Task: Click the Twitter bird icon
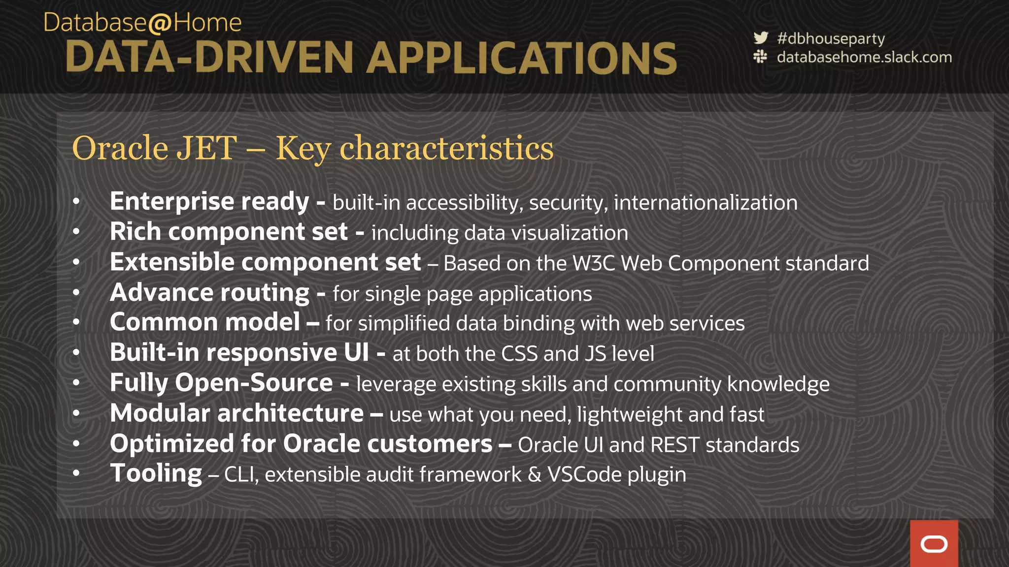click(x=761, y=38)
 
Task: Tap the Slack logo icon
click(x=760, y=57)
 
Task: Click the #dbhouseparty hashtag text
click(x=831, y=38)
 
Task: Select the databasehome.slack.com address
click(x=864, y=57)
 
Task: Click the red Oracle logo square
click(x=934, y=544)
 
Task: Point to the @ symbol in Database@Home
click(x=160, y=24)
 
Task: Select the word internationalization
click(x=706, y=203)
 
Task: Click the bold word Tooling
click(x=156, y=473)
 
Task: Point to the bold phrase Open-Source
click(x=254, y=383)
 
